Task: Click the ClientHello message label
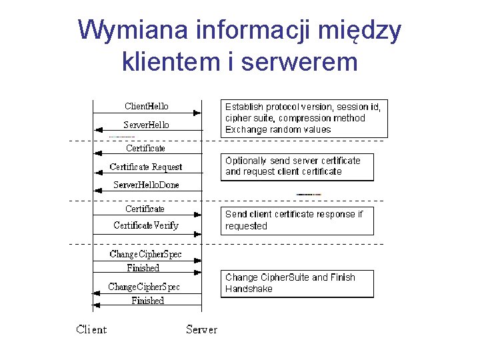click(147, 106)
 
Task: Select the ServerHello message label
click(147, 125)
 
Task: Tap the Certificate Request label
click(146, 167)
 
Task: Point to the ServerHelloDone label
click(146, 185)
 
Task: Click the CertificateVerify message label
click(146, 225)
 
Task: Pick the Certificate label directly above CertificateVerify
click(145, 209)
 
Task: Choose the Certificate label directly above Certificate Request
click(145, 148)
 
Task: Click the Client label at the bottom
click(91, 329)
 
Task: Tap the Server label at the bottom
click(201, 329)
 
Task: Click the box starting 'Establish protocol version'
click(304, 119)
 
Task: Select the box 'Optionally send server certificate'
click(297, 167)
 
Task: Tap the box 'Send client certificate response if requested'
click(297, 221)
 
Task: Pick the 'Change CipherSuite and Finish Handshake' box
click(297, 283)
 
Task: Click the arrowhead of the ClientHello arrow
click(197, 113)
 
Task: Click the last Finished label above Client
click(147, 301)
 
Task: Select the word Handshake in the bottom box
click(249, 289)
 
